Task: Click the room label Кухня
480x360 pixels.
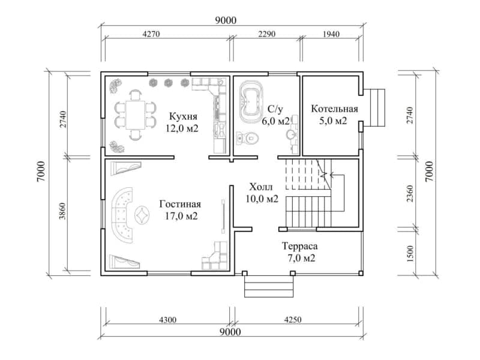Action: [x=183, y=116]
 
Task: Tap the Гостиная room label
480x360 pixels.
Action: [x=180, y=204]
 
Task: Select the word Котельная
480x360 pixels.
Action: [x=334, y=109]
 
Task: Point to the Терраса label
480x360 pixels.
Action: [x=299, y=246]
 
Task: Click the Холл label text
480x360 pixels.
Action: [x=261, y=187]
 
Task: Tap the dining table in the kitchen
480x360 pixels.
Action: [x=136, y=115]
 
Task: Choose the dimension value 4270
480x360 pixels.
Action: [x=151, y=34]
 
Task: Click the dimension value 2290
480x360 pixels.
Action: [x=266, y=34]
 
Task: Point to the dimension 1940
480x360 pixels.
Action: [x=331, y=34]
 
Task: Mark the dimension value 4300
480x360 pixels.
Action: [x=168, y=320]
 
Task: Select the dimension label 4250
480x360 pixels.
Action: [x=293, y=320]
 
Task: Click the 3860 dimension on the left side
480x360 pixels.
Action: [x=62, y=211]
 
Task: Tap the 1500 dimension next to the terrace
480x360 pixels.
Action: [x=410, y=253]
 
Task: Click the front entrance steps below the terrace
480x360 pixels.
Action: [x=269, y=286]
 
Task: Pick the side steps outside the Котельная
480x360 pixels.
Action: [x=374, y=107]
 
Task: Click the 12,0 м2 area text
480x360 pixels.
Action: [x=182, y=128]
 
